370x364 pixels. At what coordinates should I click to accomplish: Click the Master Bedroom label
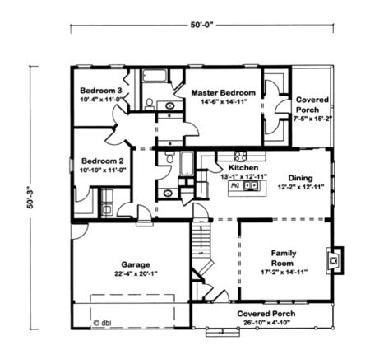[x=224, y=93]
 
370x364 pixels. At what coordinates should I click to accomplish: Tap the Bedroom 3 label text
[x=101, y=90]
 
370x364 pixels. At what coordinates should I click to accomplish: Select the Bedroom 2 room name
[x=101, y=161]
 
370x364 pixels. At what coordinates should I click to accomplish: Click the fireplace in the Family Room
[x=333, y=260]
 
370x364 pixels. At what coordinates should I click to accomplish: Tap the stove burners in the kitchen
[x=242, y=155]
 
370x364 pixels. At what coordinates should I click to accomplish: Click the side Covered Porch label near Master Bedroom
[x=312, y=104]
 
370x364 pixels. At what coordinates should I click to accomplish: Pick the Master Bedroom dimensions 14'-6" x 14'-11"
[x=224, y=103]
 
